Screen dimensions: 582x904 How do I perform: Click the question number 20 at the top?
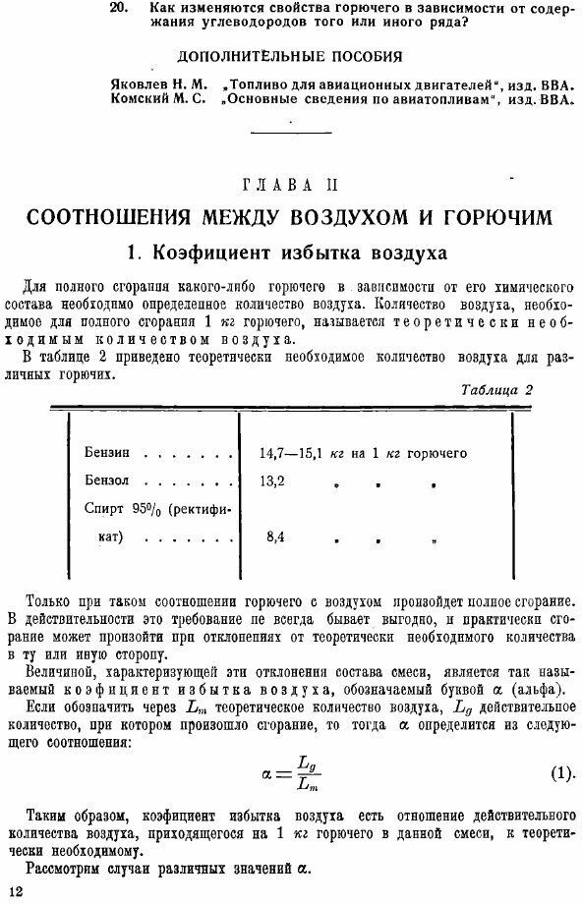click(118, 8)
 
